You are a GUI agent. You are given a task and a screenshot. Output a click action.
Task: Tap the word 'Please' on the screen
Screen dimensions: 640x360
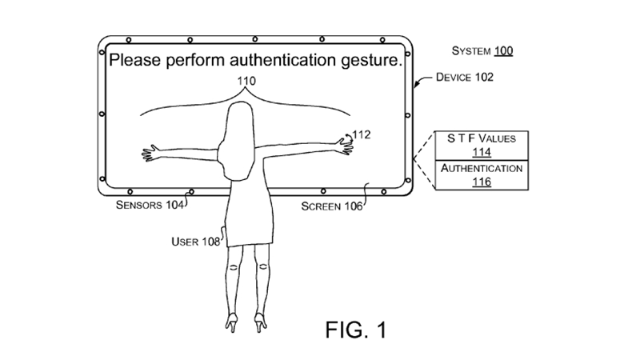point(135,60)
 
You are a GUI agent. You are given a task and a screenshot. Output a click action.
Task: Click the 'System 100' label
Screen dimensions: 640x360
point(482,51)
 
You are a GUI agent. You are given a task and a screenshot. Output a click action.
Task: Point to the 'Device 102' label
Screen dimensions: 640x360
point(465,77)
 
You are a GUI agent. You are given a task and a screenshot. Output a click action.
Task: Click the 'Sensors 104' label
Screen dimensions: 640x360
point(150,205)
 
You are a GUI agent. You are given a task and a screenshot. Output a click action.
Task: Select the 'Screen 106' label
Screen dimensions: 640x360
point(332,206)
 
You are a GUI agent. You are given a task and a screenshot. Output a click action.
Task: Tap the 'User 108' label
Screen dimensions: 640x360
point(195,242)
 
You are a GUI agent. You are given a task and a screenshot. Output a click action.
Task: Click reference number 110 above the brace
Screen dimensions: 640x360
point(246,81)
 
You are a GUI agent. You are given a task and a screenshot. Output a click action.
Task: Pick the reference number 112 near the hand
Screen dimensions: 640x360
point(362,134)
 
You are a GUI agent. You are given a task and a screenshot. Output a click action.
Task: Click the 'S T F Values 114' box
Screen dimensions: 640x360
point(482,146)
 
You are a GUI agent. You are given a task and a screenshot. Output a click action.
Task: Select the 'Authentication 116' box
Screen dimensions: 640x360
point(482,175)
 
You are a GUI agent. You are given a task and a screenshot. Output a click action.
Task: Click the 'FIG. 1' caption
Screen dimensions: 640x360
point(356,330)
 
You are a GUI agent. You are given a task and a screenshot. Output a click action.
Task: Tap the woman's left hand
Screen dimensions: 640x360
point(150,153)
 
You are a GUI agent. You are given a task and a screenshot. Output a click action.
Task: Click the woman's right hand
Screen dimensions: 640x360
point(345,146)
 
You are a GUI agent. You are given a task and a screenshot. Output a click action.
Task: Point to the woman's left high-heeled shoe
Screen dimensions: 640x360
point(232,322)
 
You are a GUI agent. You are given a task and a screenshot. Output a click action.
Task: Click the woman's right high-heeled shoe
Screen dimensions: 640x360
point(261,322)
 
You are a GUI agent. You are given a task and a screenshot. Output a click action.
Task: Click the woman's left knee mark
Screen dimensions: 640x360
point(234,268)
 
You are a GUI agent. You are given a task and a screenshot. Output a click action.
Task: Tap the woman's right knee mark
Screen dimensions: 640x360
point(263,267)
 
